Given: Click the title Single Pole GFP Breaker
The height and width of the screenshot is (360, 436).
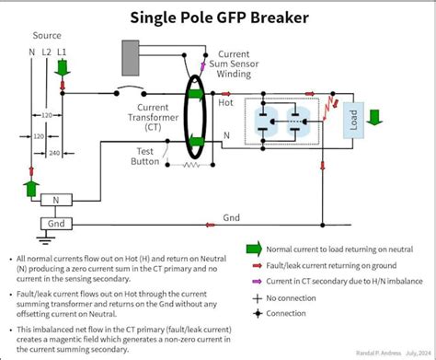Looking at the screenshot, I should coord(218,17).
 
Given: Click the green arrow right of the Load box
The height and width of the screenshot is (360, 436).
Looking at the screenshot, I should coord(373,117).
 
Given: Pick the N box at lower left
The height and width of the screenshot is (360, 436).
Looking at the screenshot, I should coord(55,200).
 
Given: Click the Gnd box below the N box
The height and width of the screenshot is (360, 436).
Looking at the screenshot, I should coord(55,224).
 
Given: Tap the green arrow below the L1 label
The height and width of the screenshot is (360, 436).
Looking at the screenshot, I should coord(63,68).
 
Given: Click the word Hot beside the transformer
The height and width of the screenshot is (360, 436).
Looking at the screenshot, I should coord(225,102).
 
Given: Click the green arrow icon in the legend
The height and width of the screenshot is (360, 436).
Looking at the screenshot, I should coord(253,248).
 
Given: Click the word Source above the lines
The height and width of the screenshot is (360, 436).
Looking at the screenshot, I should coord(47,36).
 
